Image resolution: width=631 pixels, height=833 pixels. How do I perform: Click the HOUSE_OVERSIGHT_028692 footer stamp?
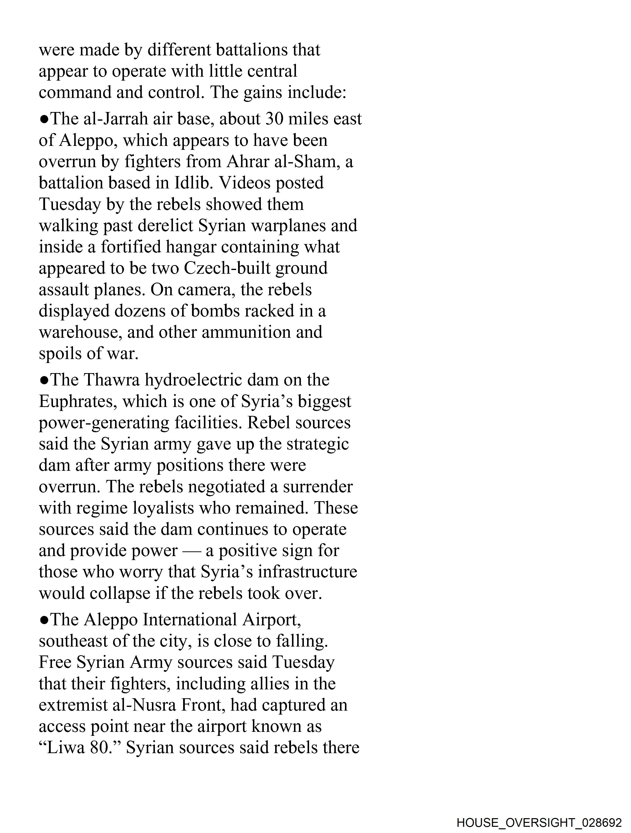[x=539, y=822]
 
